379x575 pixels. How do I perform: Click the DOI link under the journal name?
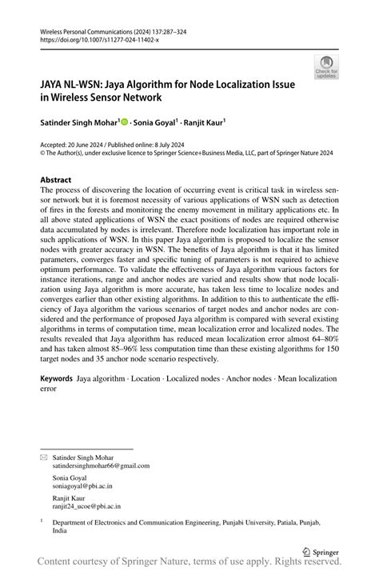98,38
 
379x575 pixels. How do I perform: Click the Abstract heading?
55,180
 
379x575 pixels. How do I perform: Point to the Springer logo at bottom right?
321,551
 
